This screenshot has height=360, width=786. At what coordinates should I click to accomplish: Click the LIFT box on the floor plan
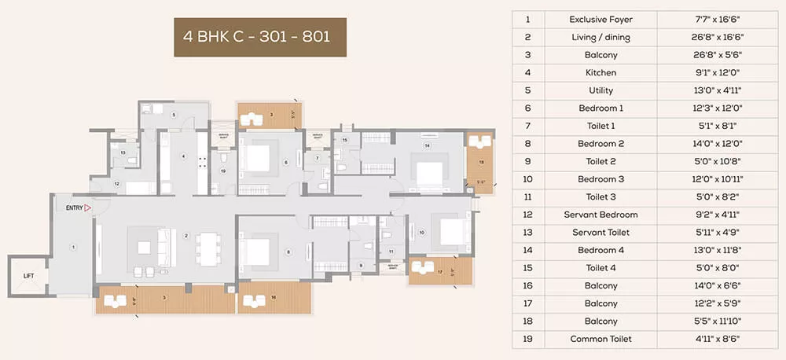pos(29,275)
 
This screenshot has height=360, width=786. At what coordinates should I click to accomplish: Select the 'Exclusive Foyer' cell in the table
pos(601,19)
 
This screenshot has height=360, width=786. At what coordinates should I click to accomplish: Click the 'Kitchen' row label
pos(601,72)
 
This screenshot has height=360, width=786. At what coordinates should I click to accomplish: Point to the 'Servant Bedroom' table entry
pos(601,215)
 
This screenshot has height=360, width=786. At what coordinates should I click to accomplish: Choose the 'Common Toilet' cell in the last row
pos(601,339)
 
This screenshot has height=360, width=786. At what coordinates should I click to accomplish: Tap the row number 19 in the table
pos(528,339)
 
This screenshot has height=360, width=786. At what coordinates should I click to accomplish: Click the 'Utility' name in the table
pos(601,90)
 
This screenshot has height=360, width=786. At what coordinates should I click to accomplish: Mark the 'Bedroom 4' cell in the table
pos(601,250)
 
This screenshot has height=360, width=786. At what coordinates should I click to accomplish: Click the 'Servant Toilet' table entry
pos(601,233)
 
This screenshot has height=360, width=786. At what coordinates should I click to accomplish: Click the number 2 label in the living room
pos(186,235)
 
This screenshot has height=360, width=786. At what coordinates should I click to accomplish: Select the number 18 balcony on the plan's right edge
pos(481,162)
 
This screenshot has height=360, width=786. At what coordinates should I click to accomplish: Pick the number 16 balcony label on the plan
pos(272,296)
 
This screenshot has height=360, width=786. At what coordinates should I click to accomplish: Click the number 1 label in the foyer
pos(72,247)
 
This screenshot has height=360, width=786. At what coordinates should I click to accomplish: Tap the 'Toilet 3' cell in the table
pos(601,197)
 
